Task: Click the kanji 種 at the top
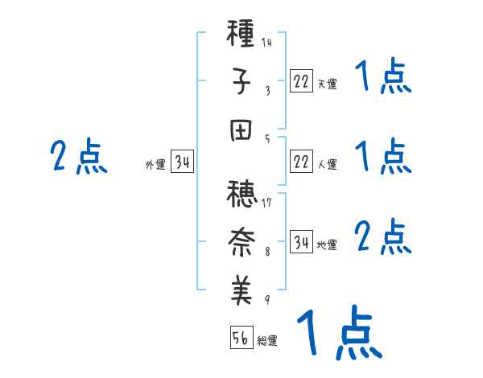tap(242, 35)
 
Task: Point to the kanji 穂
tap(242, 195)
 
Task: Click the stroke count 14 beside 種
tap(266, 43)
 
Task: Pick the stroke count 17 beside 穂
tap(266, 202)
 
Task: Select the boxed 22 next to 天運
tap(301, 81)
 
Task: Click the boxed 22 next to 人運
tap(301, 162)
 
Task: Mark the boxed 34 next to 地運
tap(301, 242)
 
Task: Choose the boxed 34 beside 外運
tap(182, 162)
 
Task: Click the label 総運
tap(267, 341)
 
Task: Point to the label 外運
tap(155, 165)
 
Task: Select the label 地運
tap(327, 244)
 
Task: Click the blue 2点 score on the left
tap(78, 156)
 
